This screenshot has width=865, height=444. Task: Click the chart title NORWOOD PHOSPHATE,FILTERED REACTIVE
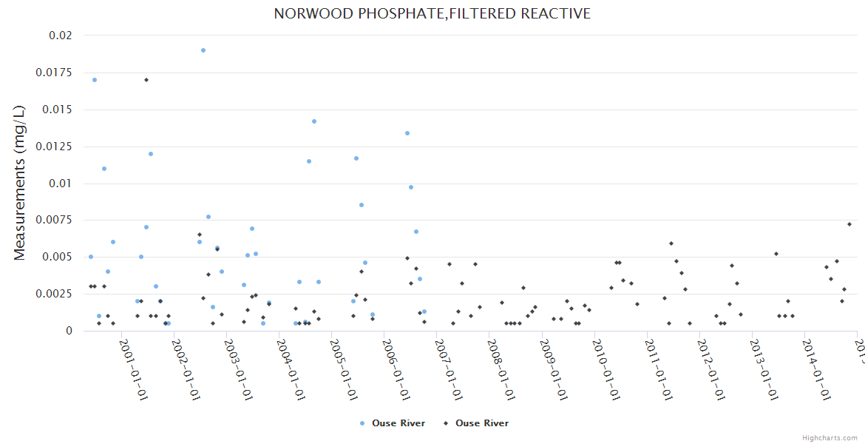coord(432,14)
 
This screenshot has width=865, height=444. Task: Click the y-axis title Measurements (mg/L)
coord(20,183)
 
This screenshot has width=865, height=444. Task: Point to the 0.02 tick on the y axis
coord(61,36)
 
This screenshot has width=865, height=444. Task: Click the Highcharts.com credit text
coord(830,438)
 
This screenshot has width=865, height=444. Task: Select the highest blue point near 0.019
coord(203,50)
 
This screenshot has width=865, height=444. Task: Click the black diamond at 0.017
coord(146,80)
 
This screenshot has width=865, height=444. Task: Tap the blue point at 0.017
coord(95,80)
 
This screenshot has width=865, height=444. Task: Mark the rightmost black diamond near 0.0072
coord(849,224)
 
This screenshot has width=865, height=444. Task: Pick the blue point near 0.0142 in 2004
coord(314,121)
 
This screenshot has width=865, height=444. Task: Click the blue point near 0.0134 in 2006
coord(407,133)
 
